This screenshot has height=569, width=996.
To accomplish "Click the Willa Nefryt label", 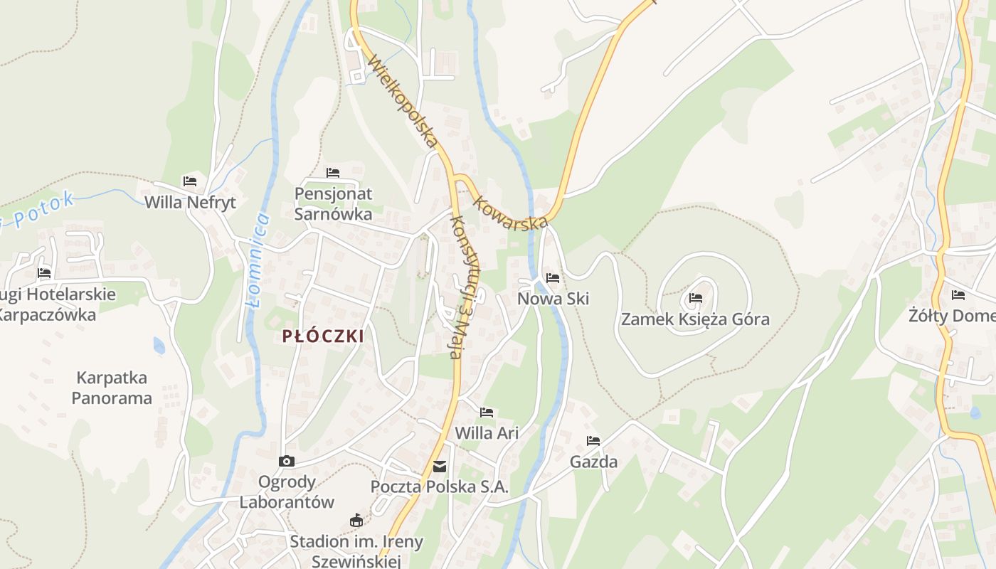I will [190, 203].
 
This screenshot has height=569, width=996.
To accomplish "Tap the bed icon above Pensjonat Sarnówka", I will [333, 173].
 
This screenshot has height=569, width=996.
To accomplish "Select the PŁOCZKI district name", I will [323, 336].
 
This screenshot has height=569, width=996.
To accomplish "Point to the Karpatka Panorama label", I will [112, 388].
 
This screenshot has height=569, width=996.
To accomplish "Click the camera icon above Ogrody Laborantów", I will [287, 462].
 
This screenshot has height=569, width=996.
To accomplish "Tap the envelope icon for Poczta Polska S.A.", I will [440, 467].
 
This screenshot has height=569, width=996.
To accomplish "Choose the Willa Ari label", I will [487, 432].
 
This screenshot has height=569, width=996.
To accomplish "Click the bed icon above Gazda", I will [593, 441].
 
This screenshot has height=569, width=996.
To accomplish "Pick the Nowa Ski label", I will [553, 299].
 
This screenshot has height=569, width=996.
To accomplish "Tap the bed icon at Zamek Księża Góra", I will [696, 298].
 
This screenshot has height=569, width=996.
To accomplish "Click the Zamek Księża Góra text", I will [695, 319].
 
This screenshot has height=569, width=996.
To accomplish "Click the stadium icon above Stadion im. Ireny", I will [356, 521].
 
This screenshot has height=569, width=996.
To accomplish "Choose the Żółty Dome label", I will [952, 315].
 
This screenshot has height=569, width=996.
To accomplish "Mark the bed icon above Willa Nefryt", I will [190, 181].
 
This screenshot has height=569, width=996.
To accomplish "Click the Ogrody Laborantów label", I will [287, 491].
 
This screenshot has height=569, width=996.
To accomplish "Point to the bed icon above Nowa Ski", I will [553, 278].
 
